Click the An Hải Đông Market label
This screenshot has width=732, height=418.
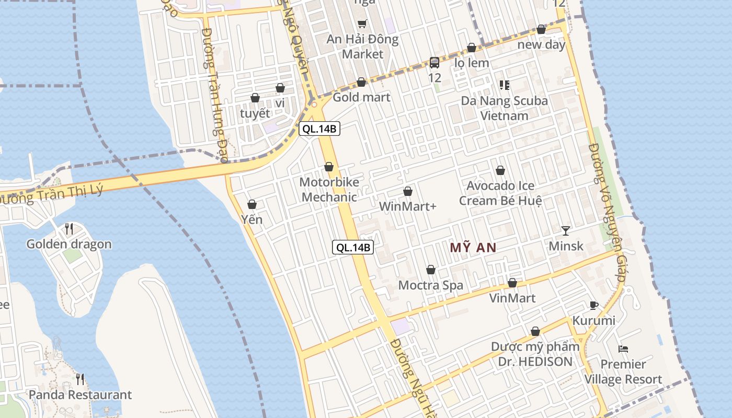(x=362, y=47)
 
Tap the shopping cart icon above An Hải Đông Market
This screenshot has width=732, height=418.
(x=362, y=24)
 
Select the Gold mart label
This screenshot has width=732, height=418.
(x=361, y=97)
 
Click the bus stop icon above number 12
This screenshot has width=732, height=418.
(x=434, y=63)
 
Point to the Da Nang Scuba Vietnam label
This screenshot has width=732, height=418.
(x=505, y=108)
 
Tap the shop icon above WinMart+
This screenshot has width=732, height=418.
(x=408, y=192)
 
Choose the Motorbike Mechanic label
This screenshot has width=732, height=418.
(x=329, y=190)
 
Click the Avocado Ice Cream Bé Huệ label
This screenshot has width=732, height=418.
(x=500, y=193)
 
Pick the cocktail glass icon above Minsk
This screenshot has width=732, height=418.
(x=566, y=230)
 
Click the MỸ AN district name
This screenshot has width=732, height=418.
(x=473, y=248)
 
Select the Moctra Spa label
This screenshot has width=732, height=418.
(x=431, y=285)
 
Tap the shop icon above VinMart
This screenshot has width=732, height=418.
(x=512, y=283)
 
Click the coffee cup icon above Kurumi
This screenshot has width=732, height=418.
(x=593, y=305)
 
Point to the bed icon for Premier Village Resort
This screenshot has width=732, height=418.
(x=623, y=349)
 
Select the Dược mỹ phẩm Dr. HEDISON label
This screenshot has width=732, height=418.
(x=535, y=354)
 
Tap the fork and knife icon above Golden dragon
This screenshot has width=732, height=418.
(x=68, y=228)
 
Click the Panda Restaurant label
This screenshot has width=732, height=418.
(x=80, y=394)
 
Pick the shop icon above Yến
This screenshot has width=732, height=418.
(x=252, y=204)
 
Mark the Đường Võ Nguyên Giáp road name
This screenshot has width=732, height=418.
(x=606, y=214)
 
